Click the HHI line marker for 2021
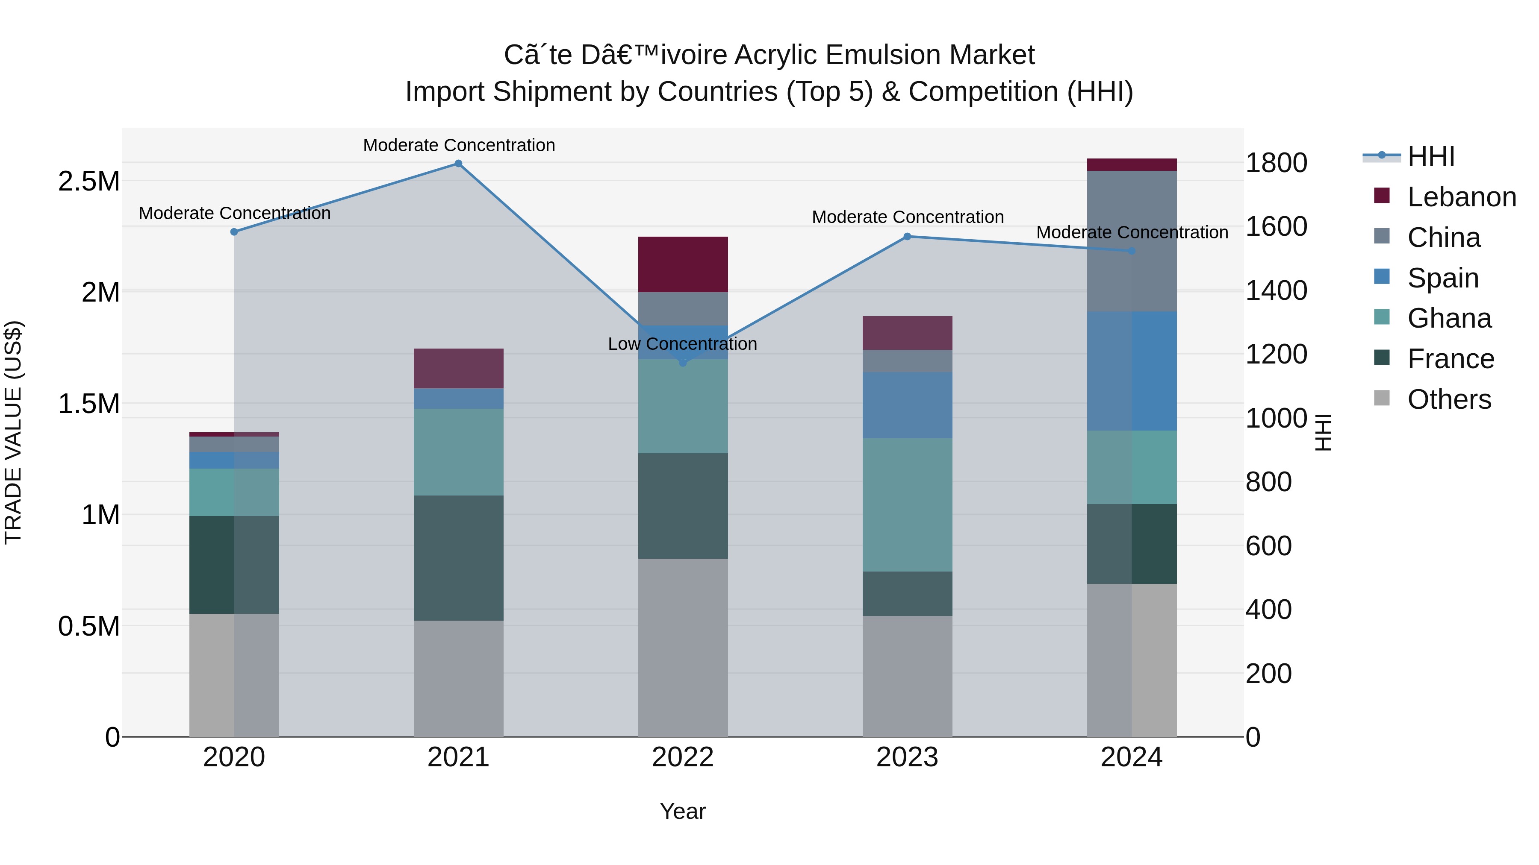pyautogui.click(x=458, y=164)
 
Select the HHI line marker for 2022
pyautogui.click(x=683, y=362)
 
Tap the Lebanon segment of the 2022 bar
pyautogui.click(x=683, y=264)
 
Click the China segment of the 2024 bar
pyautogui.click(x=1132, y=241)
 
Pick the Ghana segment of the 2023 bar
pyautogui.click(x=907, y=504)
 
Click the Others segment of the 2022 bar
pyautogui.click(x=683, y=647)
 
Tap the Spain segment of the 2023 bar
pyautogui.click(x=907, y=405)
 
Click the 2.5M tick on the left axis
pyautogui.click(x=88, y=181)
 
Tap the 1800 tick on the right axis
pyautogui.click(x=1276, y=163)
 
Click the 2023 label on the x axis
pyautogui.click(x=907, y=757)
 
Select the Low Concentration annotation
pyautogui.click(x=682, y=344)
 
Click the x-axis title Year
pyautogui.click(x=682, y=811)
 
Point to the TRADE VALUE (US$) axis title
pyautogui.click(x=13, y=432)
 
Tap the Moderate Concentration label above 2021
pyautogui.click(x=459, y=145)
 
